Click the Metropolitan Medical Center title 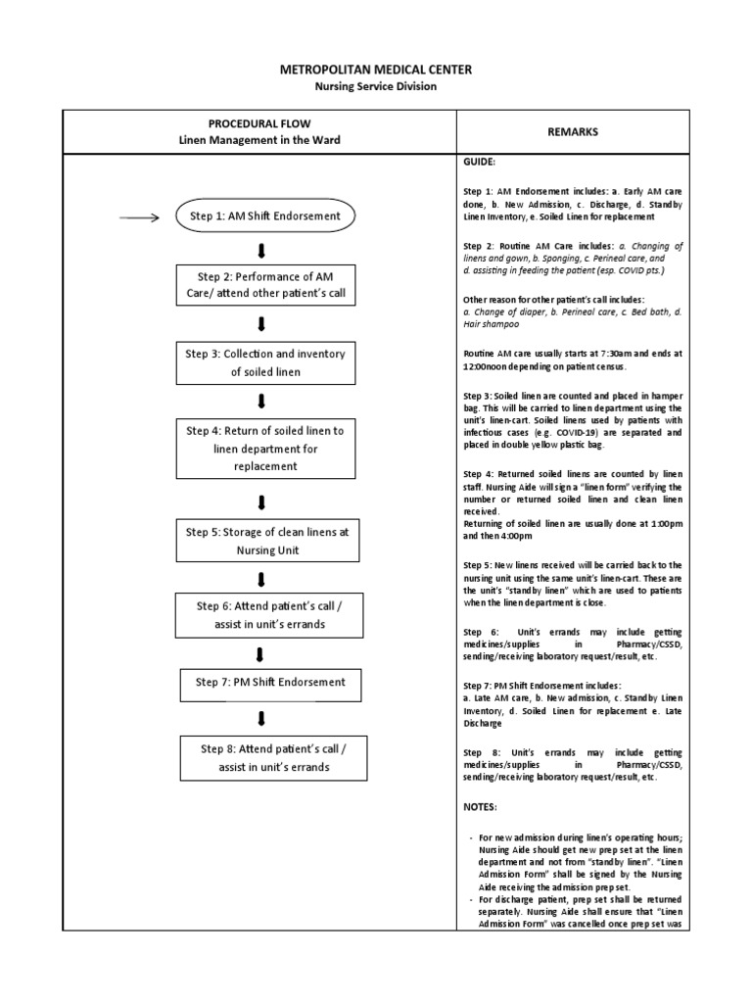(376, 70)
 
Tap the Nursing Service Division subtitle (376, 86)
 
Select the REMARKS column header (574, 131)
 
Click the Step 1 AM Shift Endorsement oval (264, 216)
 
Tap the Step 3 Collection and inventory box (264, 362)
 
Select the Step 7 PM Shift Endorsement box (264, 682)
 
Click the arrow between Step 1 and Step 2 (261, 246)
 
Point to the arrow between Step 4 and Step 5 (261, 502)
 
